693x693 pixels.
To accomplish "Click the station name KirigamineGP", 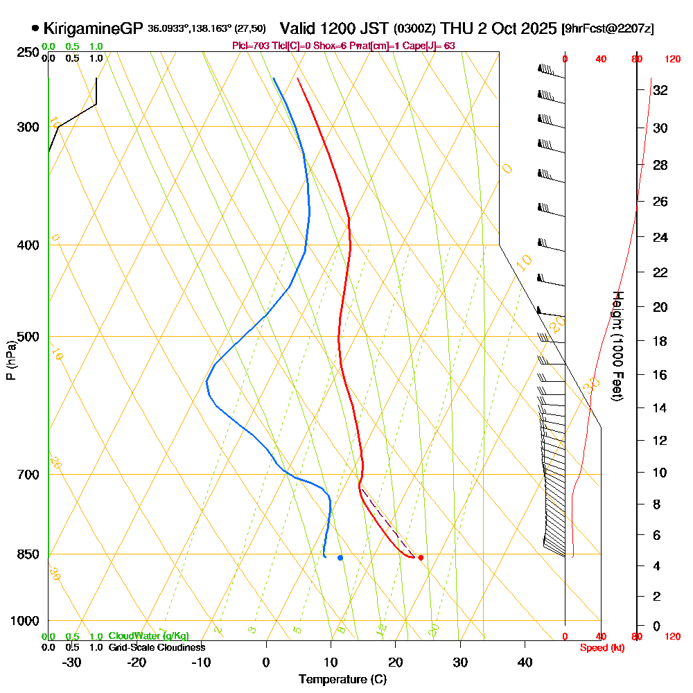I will [x=93, y=28].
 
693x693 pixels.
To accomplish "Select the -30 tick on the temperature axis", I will [x=72, y=662].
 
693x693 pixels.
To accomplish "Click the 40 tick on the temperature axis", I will [x=525, y=662].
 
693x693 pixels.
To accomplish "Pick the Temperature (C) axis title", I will [x=342, y=679].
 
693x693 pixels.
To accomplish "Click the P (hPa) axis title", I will [x=10, y=360].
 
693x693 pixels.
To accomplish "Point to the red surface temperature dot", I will [x=421, y=557].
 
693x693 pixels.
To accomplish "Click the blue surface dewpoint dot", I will [x=340, y=557].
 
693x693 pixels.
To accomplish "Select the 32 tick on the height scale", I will [x=660, y=90].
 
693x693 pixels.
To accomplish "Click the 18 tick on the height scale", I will [x=660, y=341].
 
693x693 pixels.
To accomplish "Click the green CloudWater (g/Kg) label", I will [x=148, y=636].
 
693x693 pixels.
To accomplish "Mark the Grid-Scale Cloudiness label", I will [x=157, y=647].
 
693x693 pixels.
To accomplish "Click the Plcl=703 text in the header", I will [x=247, y=45].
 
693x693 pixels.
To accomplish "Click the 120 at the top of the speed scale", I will [x=672, y=60].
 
